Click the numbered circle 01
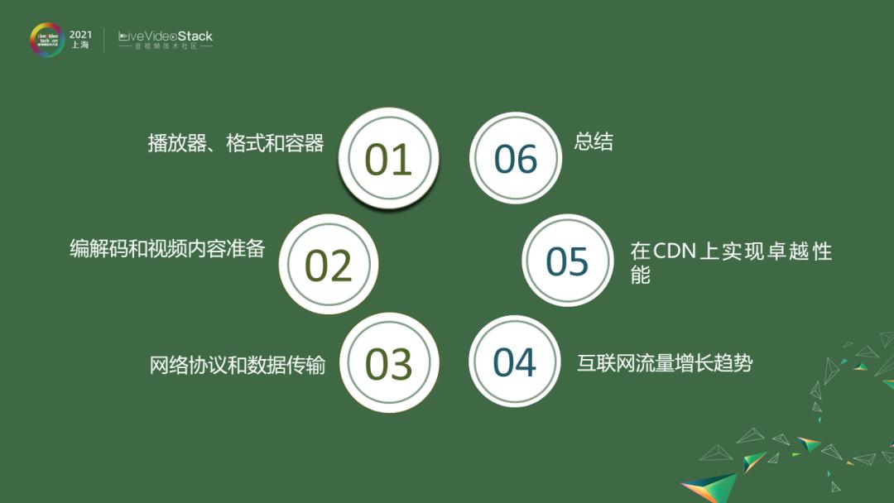pyautogui.click(x=388, y=159)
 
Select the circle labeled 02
pyautogui.click(x=329, y=265)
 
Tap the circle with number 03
pyautogui.click(x=388, y=363)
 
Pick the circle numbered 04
pyautogui.click(x=515, y=362)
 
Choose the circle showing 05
pyautogui.click(x=567, y=261)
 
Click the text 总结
pyautogui.click(x=594, y=141)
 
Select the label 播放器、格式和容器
pyautogui.click(x=236, y=143)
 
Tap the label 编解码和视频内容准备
pyautogui.click(x=167, y=248)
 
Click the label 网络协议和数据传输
pyautogui.click(x=238, y=365)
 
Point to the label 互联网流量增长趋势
pyautogui.click(x=665, y=363)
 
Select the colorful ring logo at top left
pyautogui.click(x=47, y=40)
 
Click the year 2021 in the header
pyautogui.click(x=81, y=34)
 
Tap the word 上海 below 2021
pyautogui.click(x=80, y=46)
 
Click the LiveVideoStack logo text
pyautogui.click(x=166, y=36)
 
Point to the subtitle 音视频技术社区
pyautogui.click(x=166, y=47)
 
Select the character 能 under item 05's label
pyautogui.click(x=640, y=275)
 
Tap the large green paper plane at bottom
pyautogui.click(x=710, y=486)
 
